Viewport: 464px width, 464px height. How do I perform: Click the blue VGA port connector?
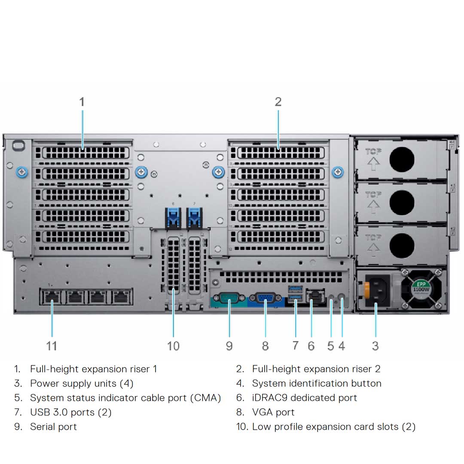265,299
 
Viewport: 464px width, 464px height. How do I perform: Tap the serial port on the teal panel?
229,299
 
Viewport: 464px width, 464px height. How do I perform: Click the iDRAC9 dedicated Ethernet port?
316,296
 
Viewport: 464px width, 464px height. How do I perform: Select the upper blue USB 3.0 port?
296,288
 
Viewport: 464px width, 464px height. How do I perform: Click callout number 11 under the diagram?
52,346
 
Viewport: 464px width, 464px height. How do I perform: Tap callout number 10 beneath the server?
173,346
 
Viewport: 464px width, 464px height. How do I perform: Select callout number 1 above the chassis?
82,102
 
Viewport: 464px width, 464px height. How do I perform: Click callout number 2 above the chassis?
278,102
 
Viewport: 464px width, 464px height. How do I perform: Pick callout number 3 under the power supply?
375,346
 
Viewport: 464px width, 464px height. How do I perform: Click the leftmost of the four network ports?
52,296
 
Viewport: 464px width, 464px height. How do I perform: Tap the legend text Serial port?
53,427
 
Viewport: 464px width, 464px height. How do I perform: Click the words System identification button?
317,383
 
